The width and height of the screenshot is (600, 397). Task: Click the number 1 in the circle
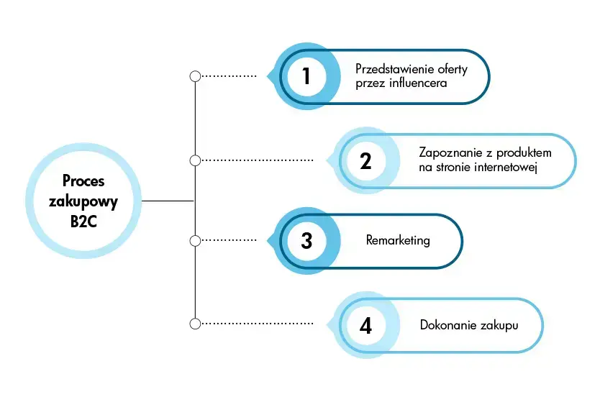[x=306, y=76]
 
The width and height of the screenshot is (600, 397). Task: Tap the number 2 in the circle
[x=365, y=160]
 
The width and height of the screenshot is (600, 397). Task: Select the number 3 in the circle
[x=306, y=240]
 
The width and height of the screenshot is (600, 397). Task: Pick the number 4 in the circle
[x=365, y=325]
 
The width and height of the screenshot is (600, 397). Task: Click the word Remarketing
[x=398, y=240]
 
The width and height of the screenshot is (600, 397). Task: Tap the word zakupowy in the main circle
[x=83, y=201]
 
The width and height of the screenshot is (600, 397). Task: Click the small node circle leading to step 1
[x=194, y=76]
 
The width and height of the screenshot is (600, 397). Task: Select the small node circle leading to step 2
[x=194, y=160]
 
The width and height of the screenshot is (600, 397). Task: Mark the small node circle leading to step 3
[x=194, y=239]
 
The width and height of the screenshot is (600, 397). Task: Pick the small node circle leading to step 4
[x=194, y=324]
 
